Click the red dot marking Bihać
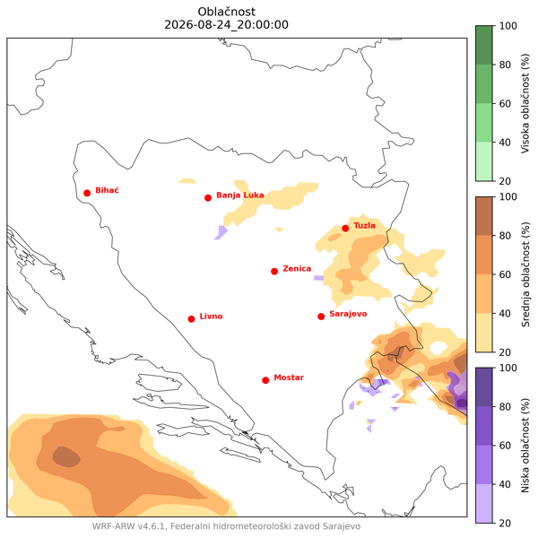point(87,193)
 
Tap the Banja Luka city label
point(239,195)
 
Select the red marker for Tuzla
point(345,229)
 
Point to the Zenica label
point(297,269)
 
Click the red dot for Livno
point(192,319)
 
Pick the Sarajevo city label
point(348,314)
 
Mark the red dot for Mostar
point(265,380)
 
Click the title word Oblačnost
point(227,12)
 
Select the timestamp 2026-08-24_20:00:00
point(227,25)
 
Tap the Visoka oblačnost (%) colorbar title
point(525,103)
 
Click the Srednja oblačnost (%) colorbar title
point(525,274)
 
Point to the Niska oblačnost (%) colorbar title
point(525,446)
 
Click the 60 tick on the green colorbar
point(505,104)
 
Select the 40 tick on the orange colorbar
point(505,313)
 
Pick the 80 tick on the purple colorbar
point(505,406)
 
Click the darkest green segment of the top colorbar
point(484,45)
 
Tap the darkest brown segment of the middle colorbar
point(484,216)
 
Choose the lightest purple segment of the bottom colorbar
point(484,503)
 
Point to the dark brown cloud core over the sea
point(66,457)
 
